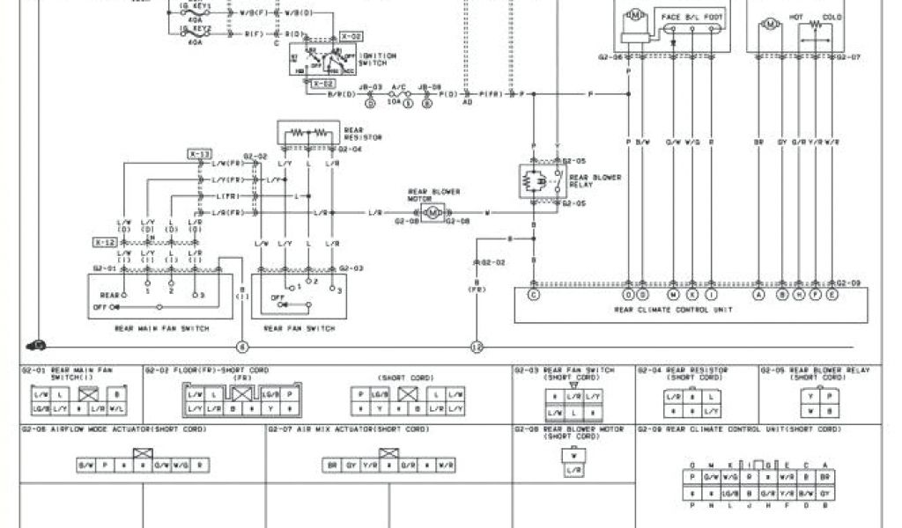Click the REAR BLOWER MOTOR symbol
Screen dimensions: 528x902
pyautogui.click(x=433, y=213)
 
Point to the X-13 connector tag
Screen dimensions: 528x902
pyautogui.click(x=199, y=154)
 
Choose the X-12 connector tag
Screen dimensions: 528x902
pyautogui.click(x=105, y=241)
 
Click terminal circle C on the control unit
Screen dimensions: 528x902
pyautogui.click(x=533, y=296)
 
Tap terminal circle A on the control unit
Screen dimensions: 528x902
pyautogui.click(x=759, y=296)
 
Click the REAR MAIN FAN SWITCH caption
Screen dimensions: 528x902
pyautogui.click(x=162, y=328)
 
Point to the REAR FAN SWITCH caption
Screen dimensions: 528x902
pyautogui.click(x=299, y=328)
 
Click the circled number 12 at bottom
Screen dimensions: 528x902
pyautogui.click(x=477, y=347)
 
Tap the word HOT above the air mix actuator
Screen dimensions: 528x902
pyautogui.click(x=796, y=16)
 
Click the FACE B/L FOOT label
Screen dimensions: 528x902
pyautogui.click(x=691, y=16)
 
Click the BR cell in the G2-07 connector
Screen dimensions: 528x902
pyautogui.click(x=333, y=464)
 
